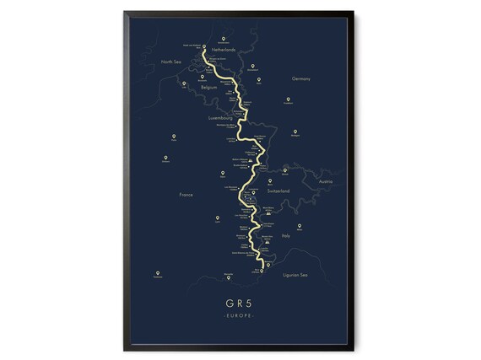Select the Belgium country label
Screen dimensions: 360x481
[209, 87]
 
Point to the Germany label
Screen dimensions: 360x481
[301, 78]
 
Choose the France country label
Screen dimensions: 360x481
[186, 195]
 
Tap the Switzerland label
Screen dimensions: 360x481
[279, 192]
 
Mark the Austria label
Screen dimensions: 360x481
[327, 181]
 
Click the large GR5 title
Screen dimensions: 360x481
[240, 302]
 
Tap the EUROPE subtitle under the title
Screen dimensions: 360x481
[240, 315]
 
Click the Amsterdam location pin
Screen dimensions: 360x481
[223, 39]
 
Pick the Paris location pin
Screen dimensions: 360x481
[175, 136]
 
